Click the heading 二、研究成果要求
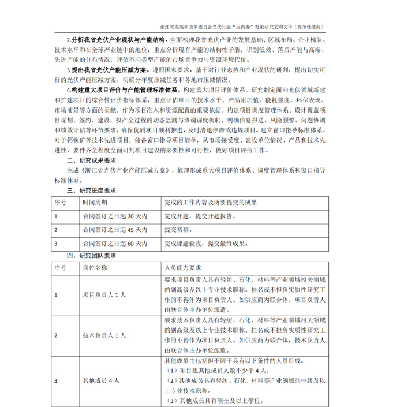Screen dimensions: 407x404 [x=92, y=160]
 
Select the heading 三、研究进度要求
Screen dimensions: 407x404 [x=92, y=190]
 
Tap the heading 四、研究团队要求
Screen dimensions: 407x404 [x=92, y=255]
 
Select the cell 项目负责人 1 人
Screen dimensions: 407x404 [x=104, y=295]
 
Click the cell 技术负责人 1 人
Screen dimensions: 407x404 [x=104, y=335]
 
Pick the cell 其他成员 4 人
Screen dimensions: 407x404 [x=101, y=381]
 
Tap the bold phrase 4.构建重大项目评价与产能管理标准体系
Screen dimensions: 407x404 [x=123, y=91]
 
